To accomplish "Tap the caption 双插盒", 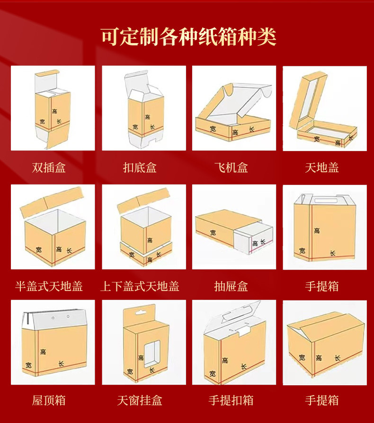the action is (49, 167).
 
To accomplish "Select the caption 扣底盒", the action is (140, 167).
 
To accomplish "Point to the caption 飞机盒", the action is (231, 167).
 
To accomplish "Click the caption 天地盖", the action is (322, 167).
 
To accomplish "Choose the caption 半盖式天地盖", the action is (49, 286).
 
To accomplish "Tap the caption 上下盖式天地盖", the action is (140, 286).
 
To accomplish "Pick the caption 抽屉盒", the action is (231, 286).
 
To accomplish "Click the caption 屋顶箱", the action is (49, 400).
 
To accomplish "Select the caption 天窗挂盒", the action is (140, 400).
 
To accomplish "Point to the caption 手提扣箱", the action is (231, 400).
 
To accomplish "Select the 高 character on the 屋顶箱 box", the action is (43, 352).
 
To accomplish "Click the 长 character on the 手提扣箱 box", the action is (243, 367).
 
